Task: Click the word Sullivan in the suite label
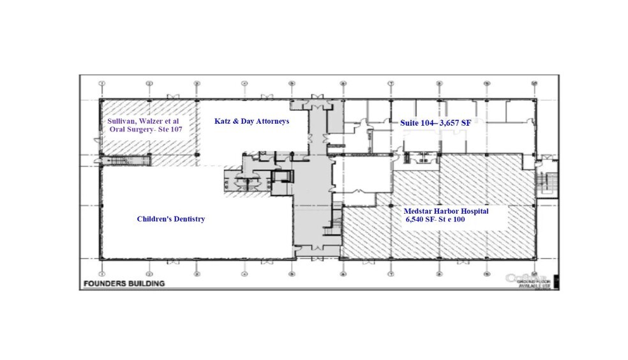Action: click(121, 121)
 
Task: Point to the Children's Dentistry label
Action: click(170, 219)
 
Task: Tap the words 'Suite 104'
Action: click(416, 122)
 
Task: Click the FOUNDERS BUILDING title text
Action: click(123, 283)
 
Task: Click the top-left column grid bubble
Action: click(102, 84)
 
